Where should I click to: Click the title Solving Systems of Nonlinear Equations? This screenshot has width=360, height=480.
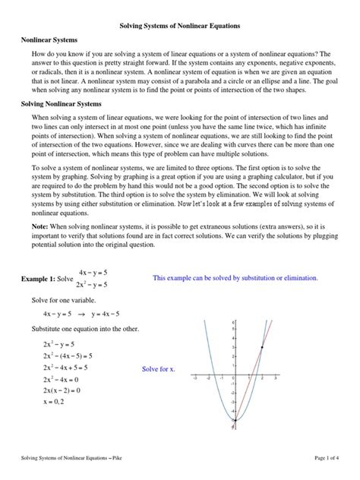(x=180, y=26)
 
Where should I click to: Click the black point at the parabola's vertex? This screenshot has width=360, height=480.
(x=235, y=419)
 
